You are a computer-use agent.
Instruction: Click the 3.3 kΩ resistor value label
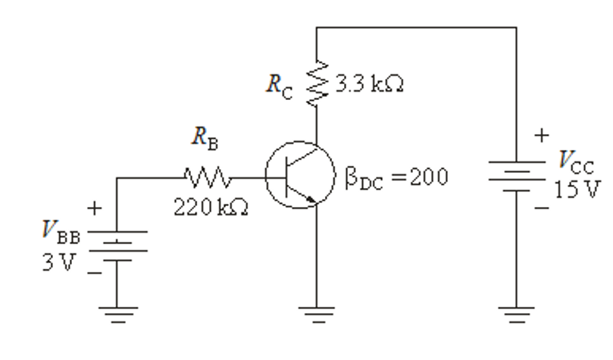pos(371,85)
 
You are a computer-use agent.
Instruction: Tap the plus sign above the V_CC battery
pos(540,137)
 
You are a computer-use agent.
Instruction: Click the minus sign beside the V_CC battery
pos(540,208)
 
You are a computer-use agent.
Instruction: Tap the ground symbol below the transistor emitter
pos(317,313)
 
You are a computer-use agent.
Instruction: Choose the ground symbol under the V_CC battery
pos(516,313)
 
